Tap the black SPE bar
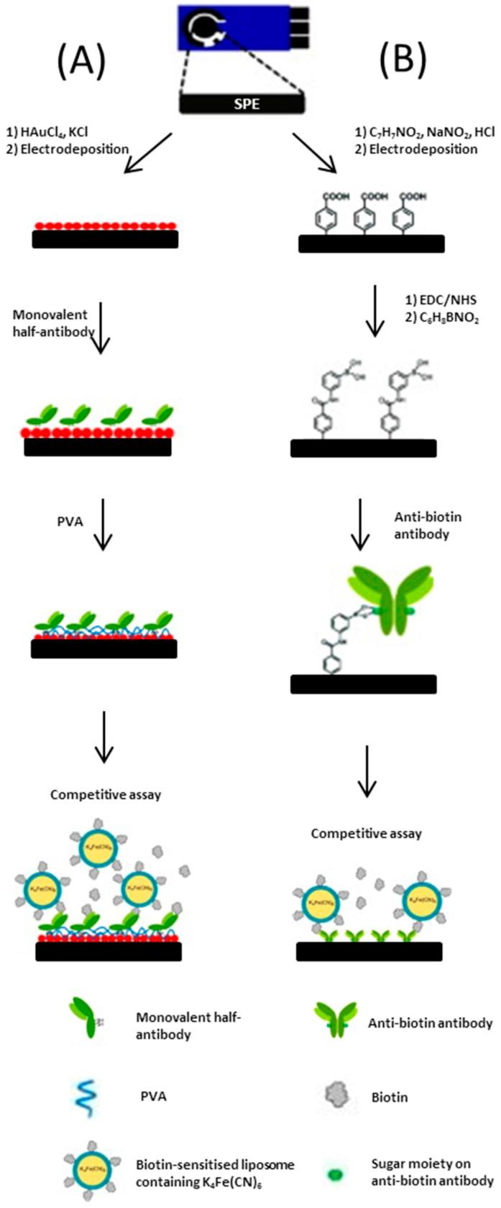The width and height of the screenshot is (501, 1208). (242, 103)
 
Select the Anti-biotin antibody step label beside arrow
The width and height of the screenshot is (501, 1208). (428, 526)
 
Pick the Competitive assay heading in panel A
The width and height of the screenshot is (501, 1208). (106, 795)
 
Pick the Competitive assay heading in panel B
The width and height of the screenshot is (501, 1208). (367, 834)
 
